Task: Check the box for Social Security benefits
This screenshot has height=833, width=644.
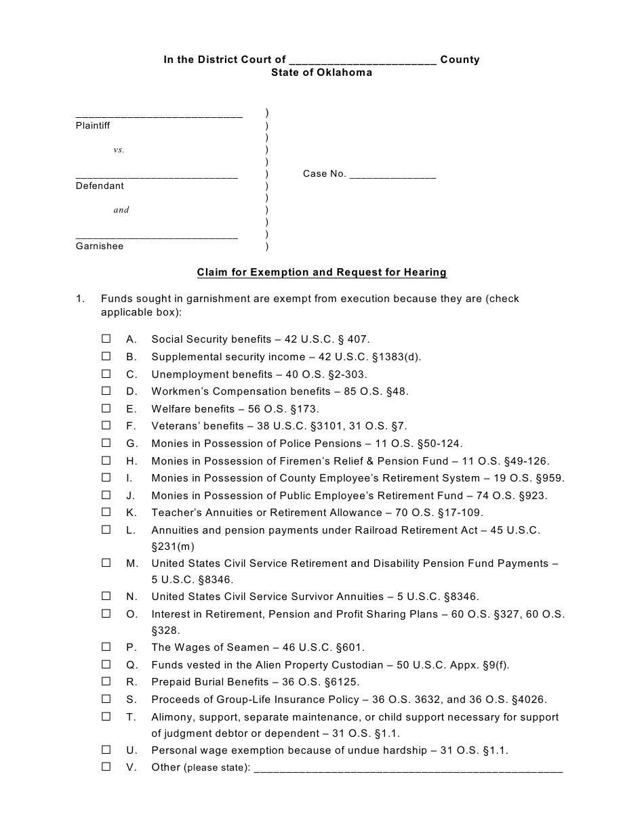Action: (x=106, y=339)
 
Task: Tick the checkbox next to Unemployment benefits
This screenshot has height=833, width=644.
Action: (x=106, y=374)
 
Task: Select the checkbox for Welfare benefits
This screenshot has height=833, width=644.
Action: (x=106, y=408)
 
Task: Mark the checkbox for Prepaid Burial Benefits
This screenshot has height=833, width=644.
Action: (x=106, y=681)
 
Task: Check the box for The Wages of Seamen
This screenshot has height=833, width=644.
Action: (x=106, y=647)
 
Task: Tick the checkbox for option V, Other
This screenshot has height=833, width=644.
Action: (x=106, y=767)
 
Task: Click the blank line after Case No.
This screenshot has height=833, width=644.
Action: (x=393, y=174)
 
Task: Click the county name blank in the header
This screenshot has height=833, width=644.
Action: (x=362, y=60)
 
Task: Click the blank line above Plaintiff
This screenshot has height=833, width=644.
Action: (x=159, y=114)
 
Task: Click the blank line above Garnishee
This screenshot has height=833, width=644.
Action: (x=157, y=235)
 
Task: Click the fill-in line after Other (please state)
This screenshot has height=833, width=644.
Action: (x=407, y=768)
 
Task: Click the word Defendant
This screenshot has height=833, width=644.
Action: (x=100, y=186)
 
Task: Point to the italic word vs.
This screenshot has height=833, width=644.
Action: (x=119, y=150)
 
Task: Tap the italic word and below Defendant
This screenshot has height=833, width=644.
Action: (x=121, y=210)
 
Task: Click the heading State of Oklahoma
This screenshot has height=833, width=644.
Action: (x=321, y=72)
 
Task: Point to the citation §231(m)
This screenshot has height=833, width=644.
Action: (x=177, y=547)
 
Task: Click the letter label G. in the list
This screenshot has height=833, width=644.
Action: (x=132, y=444)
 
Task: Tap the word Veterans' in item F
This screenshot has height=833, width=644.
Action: (x=172, y=426)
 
